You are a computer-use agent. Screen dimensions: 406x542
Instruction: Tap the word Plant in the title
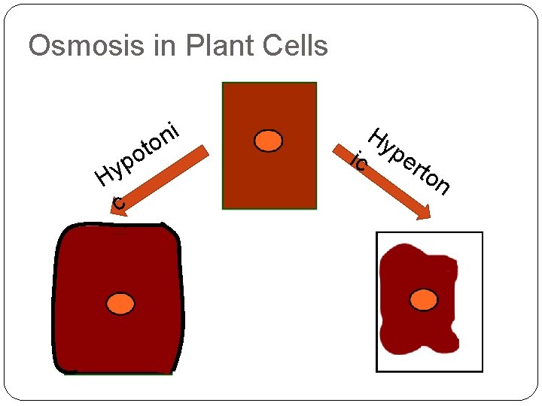208,46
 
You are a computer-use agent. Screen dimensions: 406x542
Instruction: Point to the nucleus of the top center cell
268,141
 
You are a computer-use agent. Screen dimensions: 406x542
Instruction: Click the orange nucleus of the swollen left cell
120,304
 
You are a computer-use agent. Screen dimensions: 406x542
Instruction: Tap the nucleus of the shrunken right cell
424,300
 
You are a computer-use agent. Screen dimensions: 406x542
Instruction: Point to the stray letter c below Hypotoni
119,203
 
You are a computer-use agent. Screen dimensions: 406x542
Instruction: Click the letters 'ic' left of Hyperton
361,161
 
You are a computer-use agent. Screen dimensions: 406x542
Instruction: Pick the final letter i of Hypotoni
174,130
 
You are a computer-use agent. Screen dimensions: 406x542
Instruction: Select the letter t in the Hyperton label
420,170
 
